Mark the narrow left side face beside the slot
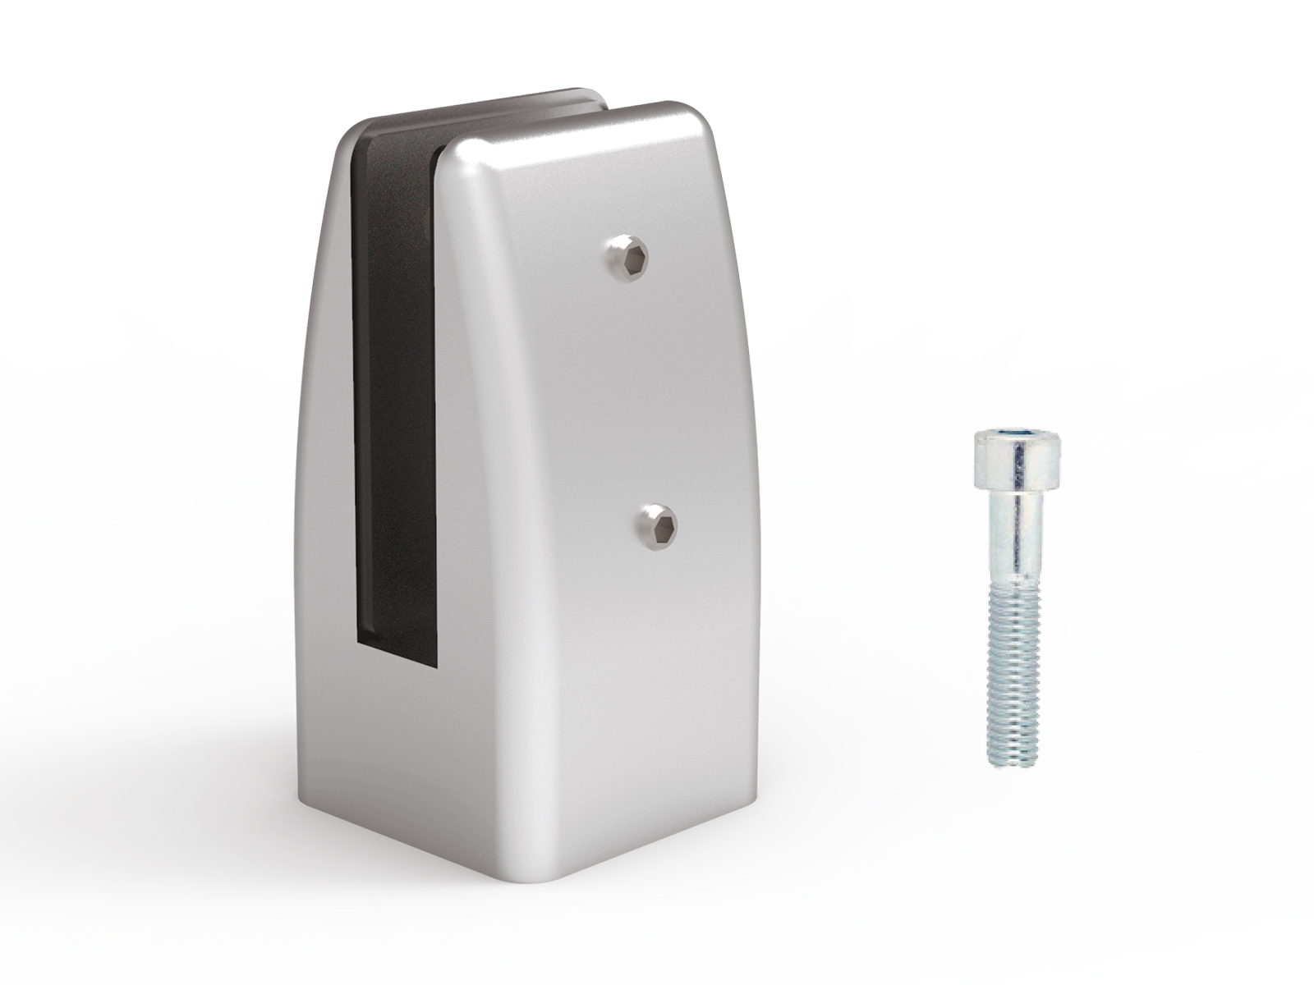pos(324,492)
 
